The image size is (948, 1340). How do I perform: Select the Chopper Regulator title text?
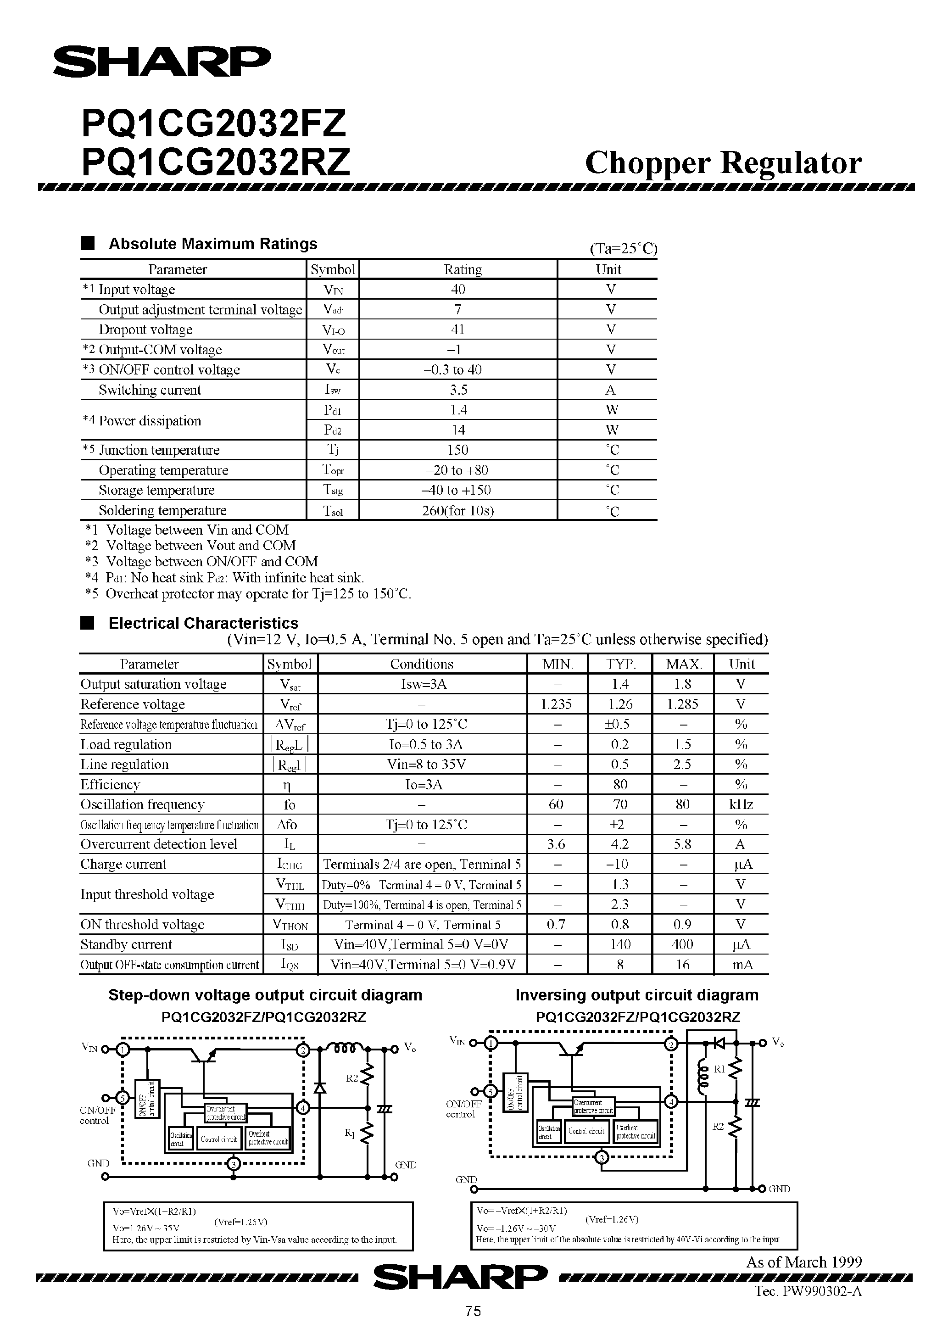pos(723,163)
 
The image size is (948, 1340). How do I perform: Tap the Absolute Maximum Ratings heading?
pos(212,244)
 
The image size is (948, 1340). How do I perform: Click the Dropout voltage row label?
pos(145,330)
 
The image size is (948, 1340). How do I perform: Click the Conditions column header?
pos(422,664)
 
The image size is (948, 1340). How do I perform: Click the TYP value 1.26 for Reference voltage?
pos(620,704)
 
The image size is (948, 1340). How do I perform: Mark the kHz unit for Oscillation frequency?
pos(741,805)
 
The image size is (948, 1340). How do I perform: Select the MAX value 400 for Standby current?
pos(682,944)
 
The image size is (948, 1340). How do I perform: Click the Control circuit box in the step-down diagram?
pos(219,1139)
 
